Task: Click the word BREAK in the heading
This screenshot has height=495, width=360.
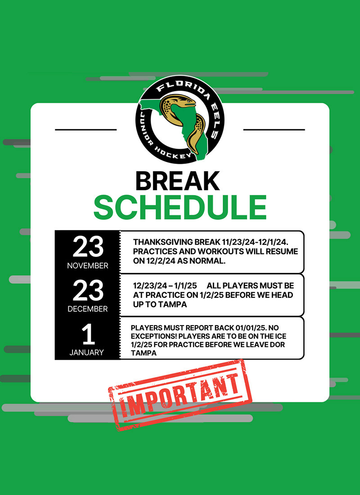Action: (x=177, y=181)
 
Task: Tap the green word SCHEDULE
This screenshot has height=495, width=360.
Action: (x=180, y=207)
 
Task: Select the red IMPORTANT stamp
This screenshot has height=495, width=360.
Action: (x=180, y=395)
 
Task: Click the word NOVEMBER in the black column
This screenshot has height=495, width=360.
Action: (x=88, y=266)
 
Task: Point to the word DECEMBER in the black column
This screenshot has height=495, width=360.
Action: (x=88, y=309)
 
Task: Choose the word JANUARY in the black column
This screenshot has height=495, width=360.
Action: (x=86, y=352)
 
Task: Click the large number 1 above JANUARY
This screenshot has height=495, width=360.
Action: (x=88, y=334)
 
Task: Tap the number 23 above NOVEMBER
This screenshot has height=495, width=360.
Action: (x=88, y=246)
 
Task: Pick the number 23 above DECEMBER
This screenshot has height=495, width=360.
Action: (x=88, y=290)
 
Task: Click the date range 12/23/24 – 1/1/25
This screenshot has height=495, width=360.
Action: (x=165, y=286)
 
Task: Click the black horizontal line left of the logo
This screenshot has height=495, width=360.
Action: (x=86, y=129)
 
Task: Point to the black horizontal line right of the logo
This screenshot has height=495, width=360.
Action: (x=274, y=129)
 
